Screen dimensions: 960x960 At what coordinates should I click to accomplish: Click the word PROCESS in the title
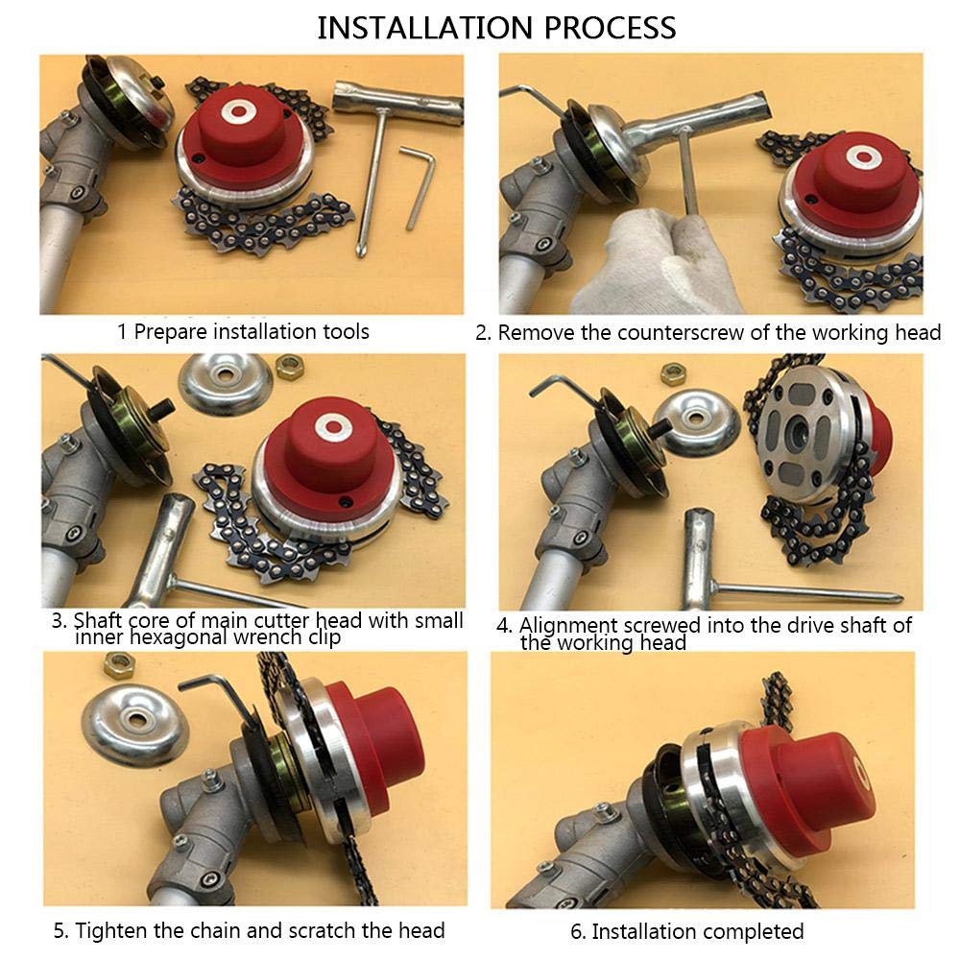(x=610, y=28)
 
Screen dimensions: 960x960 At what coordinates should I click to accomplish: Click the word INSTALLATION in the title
(x=425, y=28)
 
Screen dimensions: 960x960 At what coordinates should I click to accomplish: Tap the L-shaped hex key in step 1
(x=419, y=183)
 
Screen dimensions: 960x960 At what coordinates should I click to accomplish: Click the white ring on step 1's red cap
(x=239, y=110)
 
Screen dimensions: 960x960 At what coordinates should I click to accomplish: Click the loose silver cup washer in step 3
(x=226, y=383)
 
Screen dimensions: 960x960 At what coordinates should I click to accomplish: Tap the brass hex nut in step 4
(x=673, y=373)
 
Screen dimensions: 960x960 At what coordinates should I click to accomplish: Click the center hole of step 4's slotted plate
(x=799, y=434)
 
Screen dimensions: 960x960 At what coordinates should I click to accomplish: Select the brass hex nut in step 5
(x=119, y=664)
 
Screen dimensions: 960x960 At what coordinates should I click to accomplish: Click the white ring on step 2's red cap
(x=864, y=158)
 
